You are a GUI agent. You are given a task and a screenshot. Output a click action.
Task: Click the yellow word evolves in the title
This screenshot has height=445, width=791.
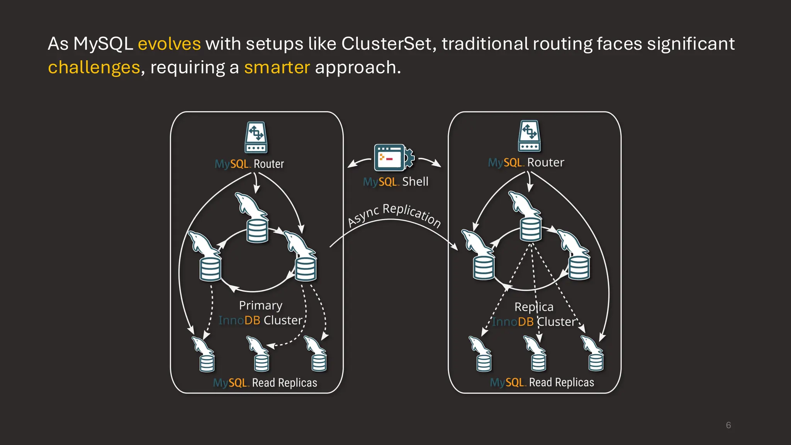169,44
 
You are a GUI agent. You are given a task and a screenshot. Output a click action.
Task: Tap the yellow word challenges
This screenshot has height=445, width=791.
94,67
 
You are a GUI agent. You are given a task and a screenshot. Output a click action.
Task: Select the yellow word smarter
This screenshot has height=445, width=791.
277,67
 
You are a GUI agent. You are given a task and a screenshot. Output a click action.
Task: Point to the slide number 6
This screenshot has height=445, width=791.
728,425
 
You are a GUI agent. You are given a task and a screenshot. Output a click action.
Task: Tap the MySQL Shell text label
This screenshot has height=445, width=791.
395,182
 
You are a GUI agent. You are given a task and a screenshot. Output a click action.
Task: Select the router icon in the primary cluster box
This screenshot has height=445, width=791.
256,138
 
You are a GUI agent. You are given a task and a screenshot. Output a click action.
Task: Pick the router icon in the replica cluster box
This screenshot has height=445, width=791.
529,136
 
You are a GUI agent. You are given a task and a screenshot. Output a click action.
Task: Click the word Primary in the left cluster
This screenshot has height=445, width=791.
261,306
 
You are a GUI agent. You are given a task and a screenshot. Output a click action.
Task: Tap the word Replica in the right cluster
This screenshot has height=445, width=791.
534,307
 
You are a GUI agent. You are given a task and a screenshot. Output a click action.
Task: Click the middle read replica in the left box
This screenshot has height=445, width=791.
259,354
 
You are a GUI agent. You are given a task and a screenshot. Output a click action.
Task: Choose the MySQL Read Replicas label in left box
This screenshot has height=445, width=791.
265,383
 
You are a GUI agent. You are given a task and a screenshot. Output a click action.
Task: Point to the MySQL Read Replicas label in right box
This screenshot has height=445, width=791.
542,382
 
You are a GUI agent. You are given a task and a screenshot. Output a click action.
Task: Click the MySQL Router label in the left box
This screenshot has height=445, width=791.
249,164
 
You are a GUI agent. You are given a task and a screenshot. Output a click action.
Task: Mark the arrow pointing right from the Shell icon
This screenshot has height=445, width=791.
430,161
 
